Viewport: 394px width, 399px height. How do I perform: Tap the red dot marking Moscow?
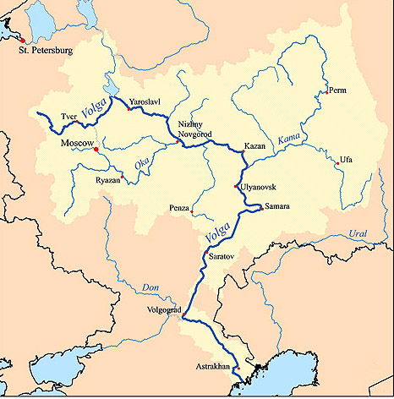[x=96, y=150]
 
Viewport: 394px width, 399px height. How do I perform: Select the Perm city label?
[x=337, y=90]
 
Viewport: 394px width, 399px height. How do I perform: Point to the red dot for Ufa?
[x=337, y=164]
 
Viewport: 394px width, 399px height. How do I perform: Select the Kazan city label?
[x=255, y=145]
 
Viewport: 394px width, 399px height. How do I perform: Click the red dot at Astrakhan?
[x=238, y=369]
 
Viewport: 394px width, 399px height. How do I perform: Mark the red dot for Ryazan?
[x=123, y=177]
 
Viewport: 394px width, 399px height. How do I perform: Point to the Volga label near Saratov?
[x=214, y=228]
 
